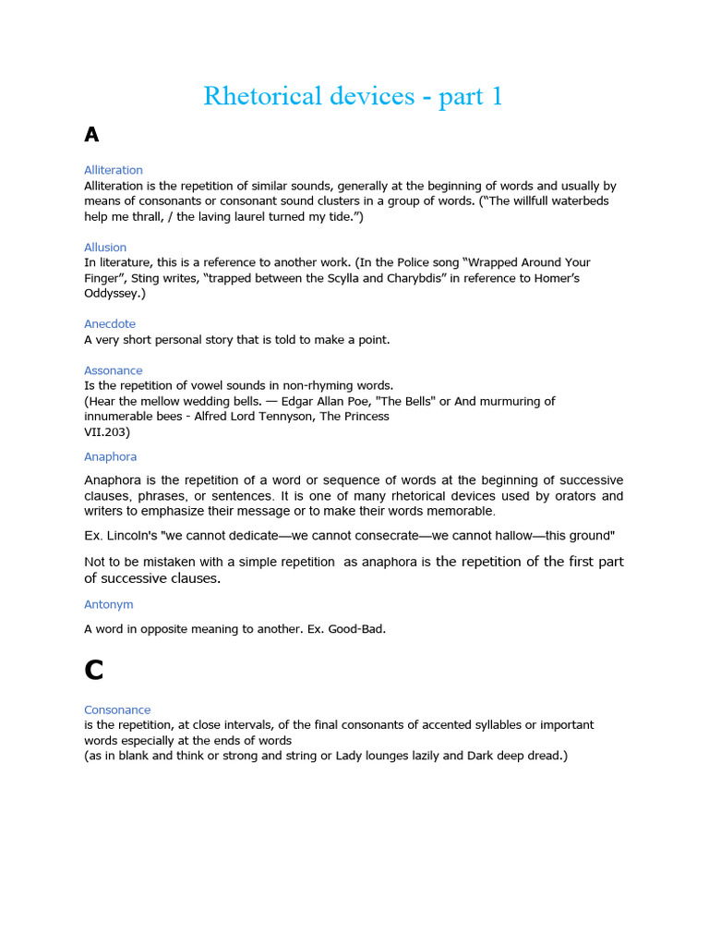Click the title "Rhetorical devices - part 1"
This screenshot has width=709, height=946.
pos(354,96)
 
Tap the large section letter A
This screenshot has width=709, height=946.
pos(91,135)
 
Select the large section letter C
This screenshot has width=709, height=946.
pos(93,669)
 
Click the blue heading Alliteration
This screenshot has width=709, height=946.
pos(114,170)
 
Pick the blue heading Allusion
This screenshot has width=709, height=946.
pos(105,248)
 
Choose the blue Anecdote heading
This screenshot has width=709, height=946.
pos(110,324)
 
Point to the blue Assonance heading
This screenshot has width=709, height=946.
pos(114,370)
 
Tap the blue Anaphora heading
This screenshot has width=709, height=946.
pos(111,456)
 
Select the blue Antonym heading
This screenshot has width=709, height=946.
pos(109,604)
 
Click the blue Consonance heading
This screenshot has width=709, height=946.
pos(117,709)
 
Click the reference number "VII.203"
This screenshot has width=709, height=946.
pos(107,431)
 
